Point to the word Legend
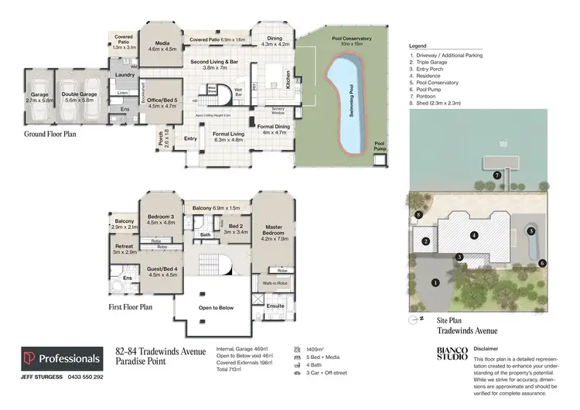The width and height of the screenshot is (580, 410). coord(418,46)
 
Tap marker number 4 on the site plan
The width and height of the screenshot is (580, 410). coord(474,234)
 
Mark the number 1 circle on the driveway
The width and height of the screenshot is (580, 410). coord(435,282)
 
